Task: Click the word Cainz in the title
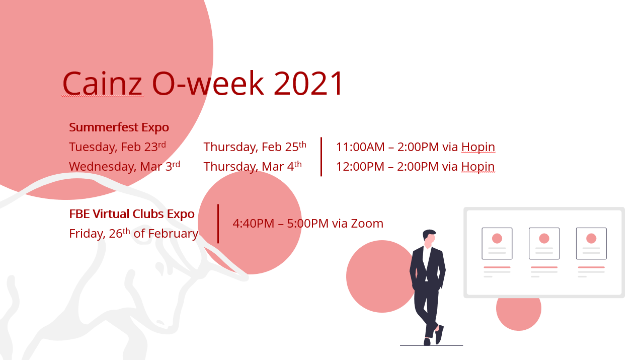(102, 83)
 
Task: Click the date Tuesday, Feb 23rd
(118, 147)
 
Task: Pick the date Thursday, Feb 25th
(255, 147)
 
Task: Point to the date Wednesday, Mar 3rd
(125, 166)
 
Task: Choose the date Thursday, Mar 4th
(253, 166)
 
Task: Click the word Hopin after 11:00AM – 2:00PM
(478, 147)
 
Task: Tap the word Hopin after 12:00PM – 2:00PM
(478, 167)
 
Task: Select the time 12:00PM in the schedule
(360, 167)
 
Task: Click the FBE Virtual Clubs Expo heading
(132, 214)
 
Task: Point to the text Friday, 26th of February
(133, 234)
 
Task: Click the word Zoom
(367, 224)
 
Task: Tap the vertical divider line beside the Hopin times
(322, 157)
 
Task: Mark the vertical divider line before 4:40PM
(218, 224)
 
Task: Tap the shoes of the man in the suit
(434, 336)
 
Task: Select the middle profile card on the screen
(544, 244)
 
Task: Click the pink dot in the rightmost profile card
(591, 238)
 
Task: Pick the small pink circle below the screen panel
(519, 314)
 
